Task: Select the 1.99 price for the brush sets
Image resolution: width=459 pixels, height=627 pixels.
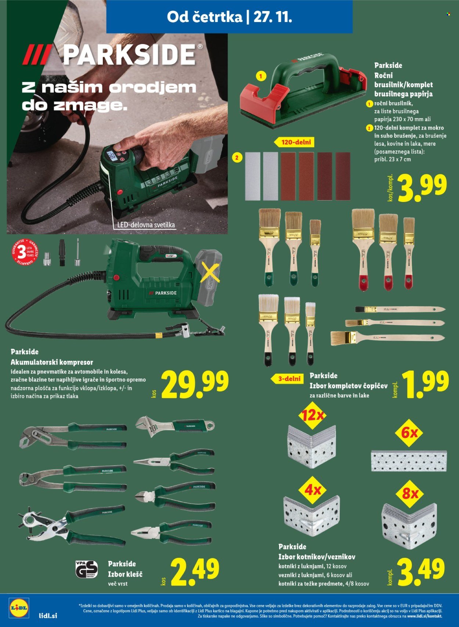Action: tap(426, 385)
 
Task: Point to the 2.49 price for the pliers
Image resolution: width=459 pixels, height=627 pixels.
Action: tap(195, 573)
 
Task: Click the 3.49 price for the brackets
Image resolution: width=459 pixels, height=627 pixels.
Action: tap(422, 573)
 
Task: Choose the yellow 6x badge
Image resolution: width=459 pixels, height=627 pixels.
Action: tap(409, 433)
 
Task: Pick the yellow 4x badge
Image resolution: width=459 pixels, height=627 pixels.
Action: tap(313, 490)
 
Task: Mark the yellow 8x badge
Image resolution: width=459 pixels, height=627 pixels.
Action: tap(410, 493)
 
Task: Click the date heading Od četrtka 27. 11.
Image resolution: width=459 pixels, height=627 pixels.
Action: tap(229, 17)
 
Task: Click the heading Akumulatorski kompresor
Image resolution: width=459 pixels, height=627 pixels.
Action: tap(52, 362)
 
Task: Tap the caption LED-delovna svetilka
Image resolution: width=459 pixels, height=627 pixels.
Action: tap(146, 225)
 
